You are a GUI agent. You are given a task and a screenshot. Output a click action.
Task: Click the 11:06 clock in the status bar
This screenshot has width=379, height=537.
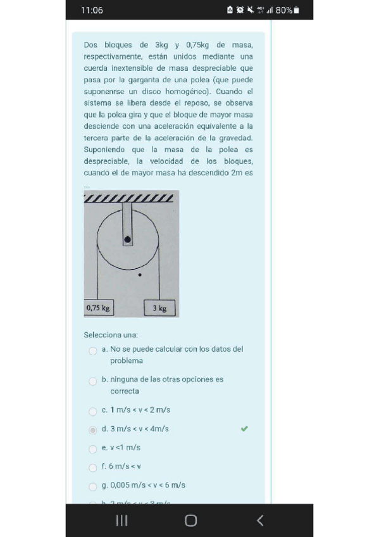click(92, 10)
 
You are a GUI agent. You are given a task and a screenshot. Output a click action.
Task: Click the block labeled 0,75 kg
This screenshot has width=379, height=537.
click(98, 308)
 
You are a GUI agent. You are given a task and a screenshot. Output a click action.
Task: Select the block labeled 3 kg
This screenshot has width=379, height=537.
click(159, 308)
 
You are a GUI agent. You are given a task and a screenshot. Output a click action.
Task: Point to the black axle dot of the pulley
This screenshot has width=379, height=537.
click(128, 239)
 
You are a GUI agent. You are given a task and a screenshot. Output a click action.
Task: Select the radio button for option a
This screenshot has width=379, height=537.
click(93, 350)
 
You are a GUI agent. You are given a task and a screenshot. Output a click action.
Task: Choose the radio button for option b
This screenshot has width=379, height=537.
click(93, 381)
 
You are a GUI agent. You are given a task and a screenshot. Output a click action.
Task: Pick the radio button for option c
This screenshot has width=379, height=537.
click(93, 411)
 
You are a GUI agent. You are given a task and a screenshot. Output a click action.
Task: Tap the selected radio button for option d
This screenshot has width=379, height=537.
click(93, 430)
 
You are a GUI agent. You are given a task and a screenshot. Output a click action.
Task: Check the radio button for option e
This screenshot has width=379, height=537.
click(93, 449)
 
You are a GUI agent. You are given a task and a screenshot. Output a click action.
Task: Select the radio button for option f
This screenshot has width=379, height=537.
click(93, 468)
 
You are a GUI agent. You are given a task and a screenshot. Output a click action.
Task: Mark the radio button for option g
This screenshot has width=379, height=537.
click(93, 486)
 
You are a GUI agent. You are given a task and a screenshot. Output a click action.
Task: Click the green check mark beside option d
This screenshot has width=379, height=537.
click(244, 429)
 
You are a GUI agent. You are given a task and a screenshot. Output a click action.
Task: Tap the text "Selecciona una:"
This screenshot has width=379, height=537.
click(111, 334)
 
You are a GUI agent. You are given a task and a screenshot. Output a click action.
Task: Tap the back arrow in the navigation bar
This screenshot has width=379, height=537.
click(259, 521)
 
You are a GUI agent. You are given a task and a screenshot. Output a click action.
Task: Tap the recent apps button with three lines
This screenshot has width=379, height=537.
click(122, 521)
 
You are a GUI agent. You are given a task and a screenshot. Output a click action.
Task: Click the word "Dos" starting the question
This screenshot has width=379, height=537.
click(90, 45)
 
